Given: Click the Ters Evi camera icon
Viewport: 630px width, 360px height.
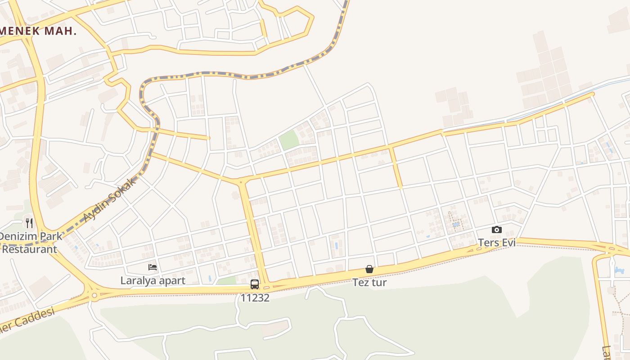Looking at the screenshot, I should pos(496,229).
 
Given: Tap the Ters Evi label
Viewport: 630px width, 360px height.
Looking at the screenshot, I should pos(496,243).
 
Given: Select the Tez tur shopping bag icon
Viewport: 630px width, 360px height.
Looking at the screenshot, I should pos(369,269).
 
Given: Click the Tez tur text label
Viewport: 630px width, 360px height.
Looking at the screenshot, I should pos(369,283).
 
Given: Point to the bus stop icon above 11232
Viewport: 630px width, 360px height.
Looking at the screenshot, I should pos(255,284).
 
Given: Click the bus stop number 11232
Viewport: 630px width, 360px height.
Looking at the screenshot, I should pos(255,297).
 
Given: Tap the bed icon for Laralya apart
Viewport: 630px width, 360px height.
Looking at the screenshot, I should pos(153,267).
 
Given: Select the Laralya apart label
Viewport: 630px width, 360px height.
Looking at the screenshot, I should pos(153,280).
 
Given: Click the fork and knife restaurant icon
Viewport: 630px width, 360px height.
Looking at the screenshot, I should pos(29,223).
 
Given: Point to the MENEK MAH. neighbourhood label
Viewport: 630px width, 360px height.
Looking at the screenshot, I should pos(38,31).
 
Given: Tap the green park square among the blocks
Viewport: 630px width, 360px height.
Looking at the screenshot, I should pos(289,140).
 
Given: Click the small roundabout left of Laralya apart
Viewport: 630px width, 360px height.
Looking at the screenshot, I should pos(94,296).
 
